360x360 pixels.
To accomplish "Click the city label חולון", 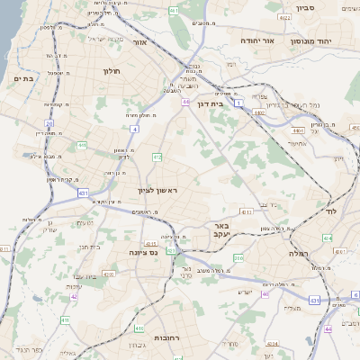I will pos(111,70).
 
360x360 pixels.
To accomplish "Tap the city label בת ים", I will pos(22,79).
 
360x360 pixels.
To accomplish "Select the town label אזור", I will pos(139,41).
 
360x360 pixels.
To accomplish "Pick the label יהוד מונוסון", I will pos(312,41).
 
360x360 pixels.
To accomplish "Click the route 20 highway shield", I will pos(49,123).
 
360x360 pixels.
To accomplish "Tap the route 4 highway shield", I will pos(134,129).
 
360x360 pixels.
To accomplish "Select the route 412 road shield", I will pos(157,157).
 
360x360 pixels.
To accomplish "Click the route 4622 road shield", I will pos(284,17).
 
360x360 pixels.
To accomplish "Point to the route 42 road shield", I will pos(75,296).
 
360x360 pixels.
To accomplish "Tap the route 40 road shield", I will pos(265,294).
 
